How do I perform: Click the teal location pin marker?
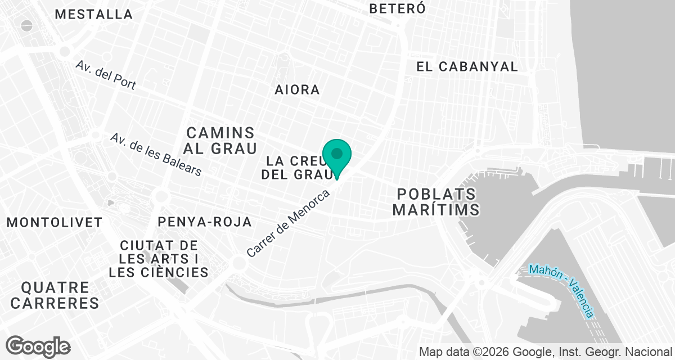[x=337, y=155]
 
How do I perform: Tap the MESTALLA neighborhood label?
[x=94, y=14]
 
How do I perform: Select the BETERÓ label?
[x=397, y=8]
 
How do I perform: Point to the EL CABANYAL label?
[x=467, y=66]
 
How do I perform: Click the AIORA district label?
[x=297, y=89]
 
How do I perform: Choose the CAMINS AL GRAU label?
[x=220, y=141]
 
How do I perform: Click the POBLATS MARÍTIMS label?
[x=436, y=202]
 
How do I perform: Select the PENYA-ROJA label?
[x=205, y=222]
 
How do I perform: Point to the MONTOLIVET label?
[x=55, y=222]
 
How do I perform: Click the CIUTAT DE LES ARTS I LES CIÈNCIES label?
[x=159, y=259]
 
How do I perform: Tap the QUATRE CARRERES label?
[x=55, y=295]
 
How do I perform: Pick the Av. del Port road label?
[x=106, y=75]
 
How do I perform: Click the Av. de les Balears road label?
[x=156, y=154]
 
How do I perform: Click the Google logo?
[x=38, y=346]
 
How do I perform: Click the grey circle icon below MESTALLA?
[x=27, y=25]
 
